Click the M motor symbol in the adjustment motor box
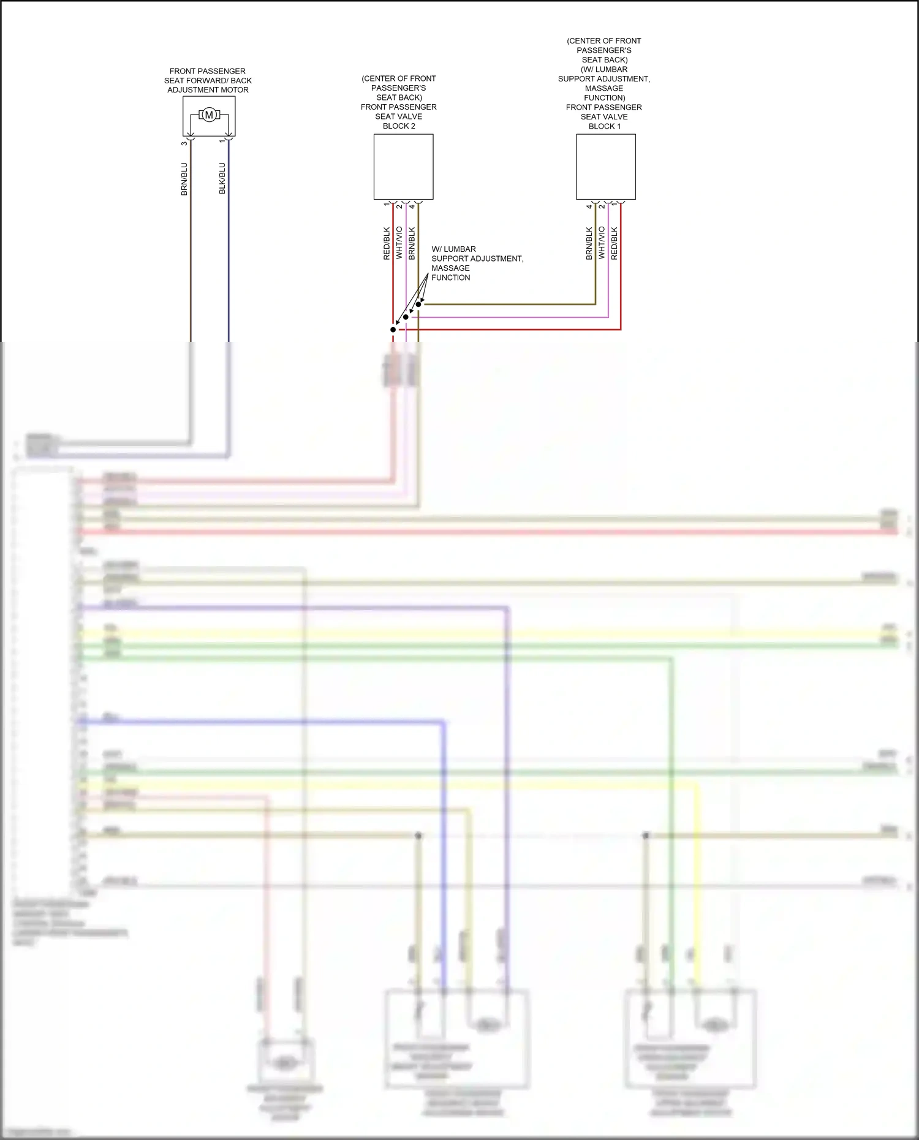point(209,115)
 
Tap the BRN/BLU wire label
point(184,179)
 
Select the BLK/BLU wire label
point(222,178)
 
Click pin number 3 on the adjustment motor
point(184,143)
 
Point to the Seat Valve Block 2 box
point(403,167)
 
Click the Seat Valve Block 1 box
point(605,167)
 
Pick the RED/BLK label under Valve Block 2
point(387,244)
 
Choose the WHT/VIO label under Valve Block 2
point(399,243)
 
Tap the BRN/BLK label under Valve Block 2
point(412,244)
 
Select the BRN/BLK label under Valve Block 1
point(589,244)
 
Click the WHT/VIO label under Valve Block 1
point(602,243)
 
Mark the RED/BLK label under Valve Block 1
point(615,244)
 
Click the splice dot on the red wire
point(393,330)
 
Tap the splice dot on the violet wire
point(406,317)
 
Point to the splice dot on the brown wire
point(418,304)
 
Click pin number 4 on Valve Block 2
point(412,206)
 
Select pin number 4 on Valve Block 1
point(589,206)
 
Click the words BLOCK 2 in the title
point(399,126)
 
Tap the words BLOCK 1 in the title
point(605,126)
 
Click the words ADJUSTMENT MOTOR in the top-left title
point(208,90)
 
